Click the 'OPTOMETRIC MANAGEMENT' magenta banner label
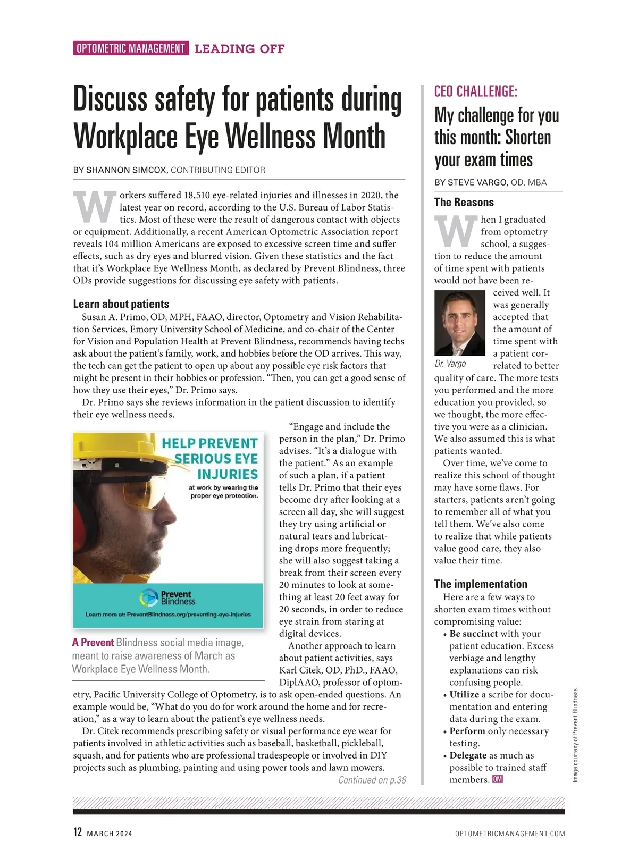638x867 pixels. point(131,48)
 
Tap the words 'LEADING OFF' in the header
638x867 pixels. point(240,49)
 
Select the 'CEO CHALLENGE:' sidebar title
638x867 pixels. point(475,91)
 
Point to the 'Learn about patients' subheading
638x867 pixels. point(121,304)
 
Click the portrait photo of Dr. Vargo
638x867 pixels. point(459,323)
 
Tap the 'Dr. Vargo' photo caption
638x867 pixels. point(450,364)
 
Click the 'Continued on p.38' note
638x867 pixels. point(372,780)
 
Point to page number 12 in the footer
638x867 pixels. point(78,832)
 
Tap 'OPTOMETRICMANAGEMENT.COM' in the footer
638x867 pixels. point(510,834)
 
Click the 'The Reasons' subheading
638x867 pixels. point(464,202)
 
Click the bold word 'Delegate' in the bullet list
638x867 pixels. point(468,755)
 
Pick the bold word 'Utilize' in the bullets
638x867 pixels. point(464,694)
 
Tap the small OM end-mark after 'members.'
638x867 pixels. point(498,779)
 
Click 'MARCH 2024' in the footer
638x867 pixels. point(110,834)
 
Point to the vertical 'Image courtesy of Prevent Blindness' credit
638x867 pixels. point(575,735)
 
